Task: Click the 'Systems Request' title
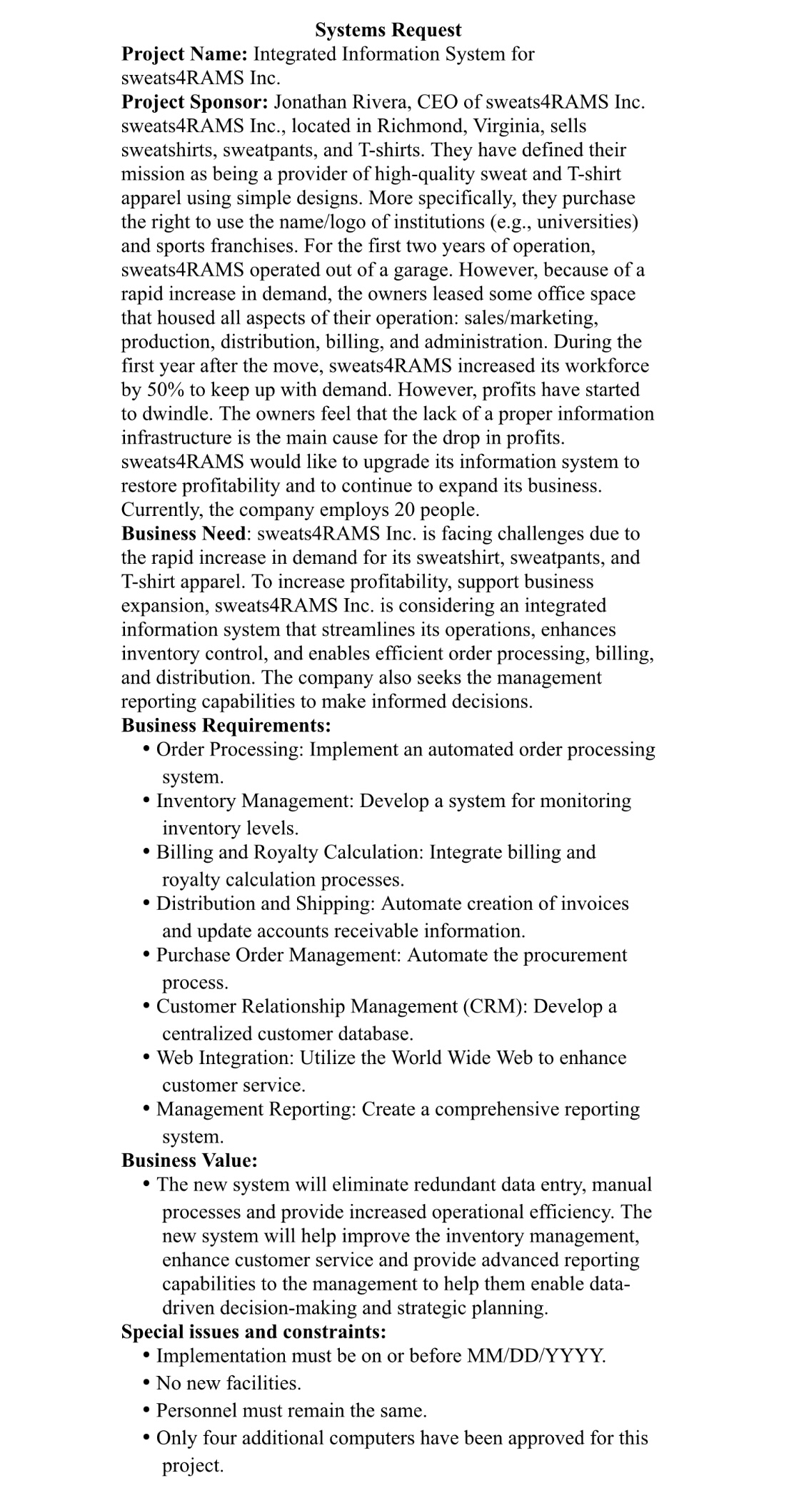coord(388,30)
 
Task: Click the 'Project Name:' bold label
coord(184,54)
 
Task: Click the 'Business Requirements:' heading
coord(226,726)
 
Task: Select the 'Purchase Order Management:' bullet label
coord(279,955)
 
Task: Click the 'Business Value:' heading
coord(189,1160)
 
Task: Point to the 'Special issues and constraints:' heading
coord(253,1332)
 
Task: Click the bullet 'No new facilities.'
coord(228,1383)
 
